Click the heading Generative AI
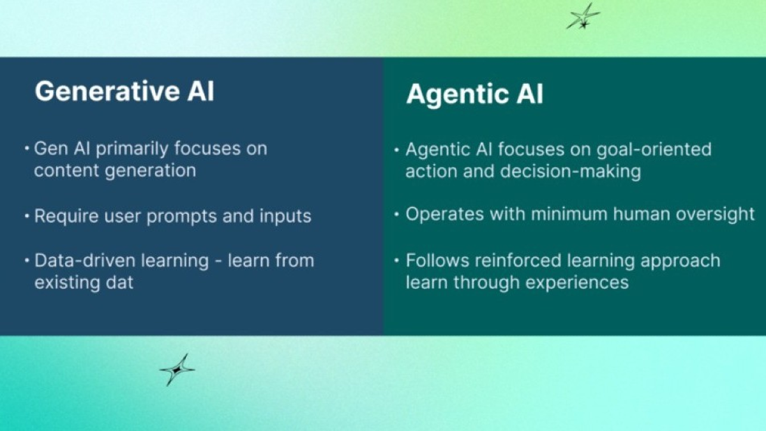[x=124, y=91]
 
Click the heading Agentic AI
[x=475, y=94]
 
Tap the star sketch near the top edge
[x=583, y=16]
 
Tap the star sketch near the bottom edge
[x=177, y=370]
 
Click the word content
[x=66, y=170]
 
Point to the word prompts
[x=181, y=217]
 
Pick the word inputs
[x=285, y=217]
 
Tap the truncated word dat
[x=119, y=282]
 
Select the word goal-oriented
[x=654, y=150]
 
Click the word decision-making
[x=571, y=171]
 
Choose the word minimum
[x=569, y=214]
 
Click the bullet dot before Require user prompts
[x=27, y=216]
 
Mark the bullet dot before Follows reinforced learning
[x=396, y=261]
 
